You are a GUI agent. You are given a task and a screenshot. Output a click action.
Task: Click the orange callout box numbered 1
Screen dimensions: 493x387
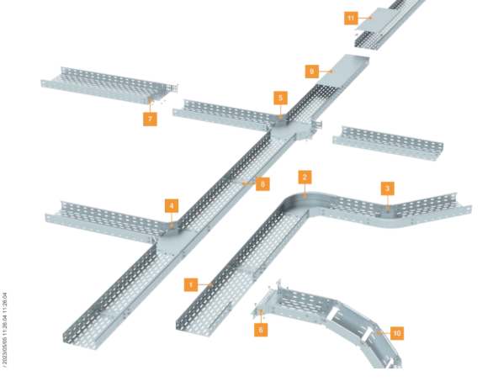[191, 285]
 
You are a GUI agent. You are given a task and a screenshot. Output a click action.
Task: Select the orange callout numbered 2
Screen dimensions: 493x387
[305, 178]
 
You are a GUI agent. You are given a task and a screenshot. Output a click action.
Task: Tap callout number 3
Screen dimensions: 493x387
[387, 188]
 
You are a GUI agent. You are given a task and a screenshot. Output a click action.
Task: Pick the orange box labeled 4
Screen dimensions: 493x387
[172, 206]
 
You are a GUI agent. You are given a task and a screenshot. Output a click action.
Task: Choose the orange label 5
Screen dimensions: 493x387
[280, 98]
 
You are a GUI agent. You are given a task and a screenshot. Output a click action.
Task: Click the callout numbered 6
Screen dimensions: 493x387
[261, 330]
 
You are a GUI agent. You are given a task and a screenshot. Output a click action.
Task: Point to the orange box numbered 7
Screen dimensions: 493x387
[150, 119]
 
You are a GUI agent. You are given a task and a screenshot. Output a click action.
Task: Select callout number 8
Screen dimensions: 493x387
[262, 183]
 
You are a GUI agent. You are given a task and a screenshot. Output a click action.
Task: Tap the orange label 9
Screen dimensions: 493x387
[312, 72]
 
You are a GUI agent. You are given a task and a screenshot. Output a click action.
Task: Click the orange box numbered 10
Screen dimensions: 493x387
[397, 333]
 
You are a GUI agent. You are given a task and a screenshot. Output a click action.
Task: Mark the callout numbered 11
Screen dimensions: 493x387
[351, 18]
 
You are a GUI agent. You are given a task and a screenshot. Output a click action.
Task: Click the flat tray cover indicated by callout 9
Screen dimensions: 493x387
[342, 71]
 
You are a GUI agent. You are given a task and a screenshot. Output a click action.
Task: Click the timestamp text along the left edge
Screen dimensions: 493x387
[4, 330]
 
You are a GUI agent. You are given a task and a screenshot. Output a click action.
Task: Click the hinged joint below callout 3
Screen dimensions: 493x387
[387, 213]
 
